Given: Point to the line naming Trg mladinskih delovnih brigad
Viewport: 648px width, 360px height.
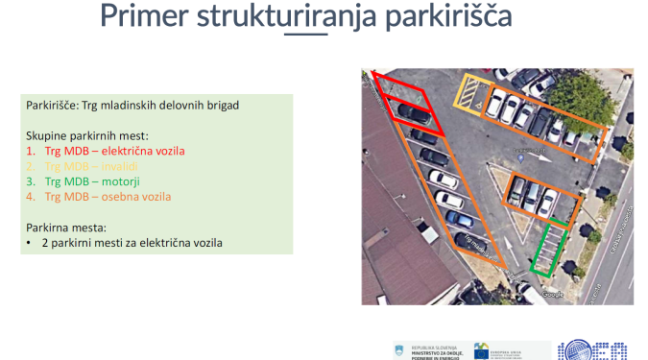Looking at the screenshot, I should click(x=132, y=104).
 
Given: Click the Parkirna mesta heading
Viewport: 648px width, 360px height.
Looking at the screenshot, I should click(x=68, y=228).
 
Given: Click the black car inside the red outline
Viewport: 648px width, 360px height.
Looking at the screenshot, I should click(x=414, y=114).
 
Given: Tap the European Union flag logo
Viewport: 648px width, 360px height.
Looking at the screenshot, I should click(x=482, y=349).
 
